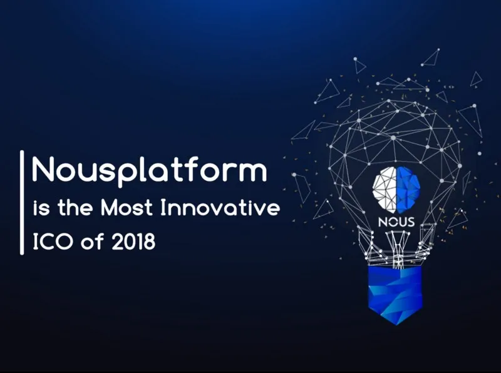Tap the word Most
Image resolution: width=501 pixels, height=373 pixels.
pyautogui.click(x=127, y=208)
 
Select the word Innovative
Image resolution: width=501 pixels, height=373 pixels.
pyautogui.click(x=220, y=208)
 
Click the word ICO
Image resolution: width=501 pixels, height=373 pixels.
pyautogui.click(x=53, y=242)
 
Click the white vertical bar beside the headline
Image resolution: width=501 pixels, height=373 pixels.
pyautogui.click(x=22, y=203)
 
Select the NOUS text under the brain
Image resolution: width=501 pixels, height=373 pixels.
pyautogui.click(x=396, y=222)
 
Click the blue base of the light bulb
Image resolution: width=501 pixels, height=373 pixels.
pyautogui.click(x=395, y=292)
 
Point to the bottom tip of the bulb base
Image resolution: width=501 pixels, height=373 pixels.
pyautogui.click(x=396, y=325)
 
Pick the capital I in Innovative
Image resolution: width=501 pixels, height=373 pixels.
pyautogui.click(x=163, y=208)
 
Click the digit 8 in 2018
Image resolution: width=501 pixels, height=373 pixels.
pyautogui.click(x=149, y=242)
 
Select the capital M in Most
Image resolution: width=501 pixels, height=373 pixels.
pyautogui.click(x=109, y=208)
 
